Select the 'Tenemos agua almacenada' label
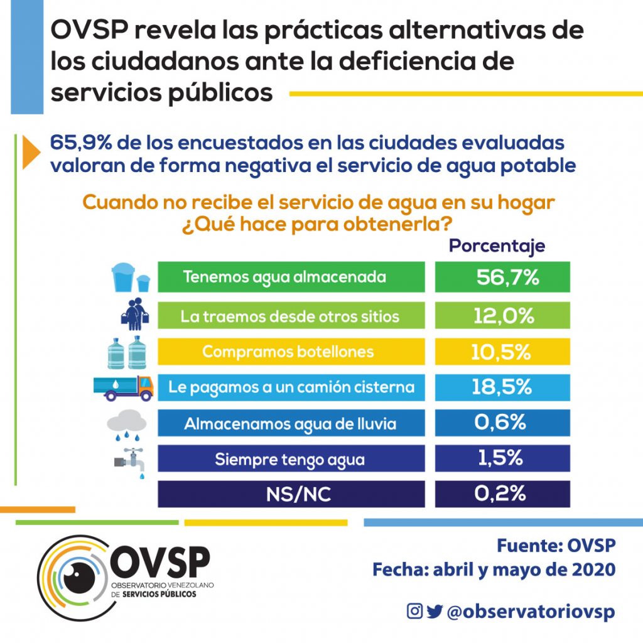point(284,277)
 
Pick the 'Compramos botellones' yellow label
point(288,352)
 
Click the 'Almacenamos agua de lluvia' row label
point(290,424)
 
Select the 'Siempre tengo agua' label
point(289,459)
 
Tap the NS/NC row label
point(291,495)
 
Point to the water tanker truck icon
point(123,387)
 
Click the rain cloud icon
point(126,423)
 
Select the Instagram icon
point(414,611)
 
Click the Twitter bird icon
point(435,611)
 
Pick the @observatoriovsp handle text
point(531,612)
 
